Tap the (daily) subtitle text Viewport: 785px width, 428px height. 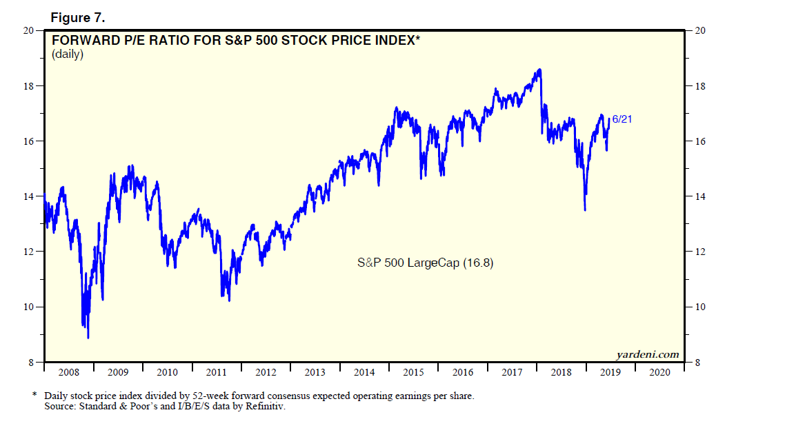(x=68, y=54)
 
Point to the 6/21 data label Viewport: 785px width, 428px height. (x=622, y=119)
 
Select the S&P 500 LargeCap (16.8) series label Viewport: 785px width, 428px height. (x=425, y=263)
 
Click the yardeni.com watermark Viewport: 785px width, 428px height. (x=647, y=355)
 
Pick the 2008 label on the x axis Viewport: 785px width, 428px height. (x=68, y=372)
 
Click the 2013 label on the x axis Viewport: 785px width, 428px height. (x=315, y=372)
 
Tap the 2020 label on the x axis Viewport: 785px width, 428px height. (x=659, y=372)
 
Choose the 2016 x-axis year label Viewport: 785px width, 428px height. (x=462, y=372)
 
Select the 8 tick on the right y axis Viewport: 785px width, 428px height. (x=697, y=363)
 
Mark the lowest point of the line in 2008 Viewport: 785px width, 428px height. (x=88, y=338)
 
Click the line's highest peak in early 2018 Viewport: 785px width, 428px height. (x=539, y=69)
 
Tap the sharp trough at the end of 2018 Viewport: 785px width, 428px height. (x=585, y=210)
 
